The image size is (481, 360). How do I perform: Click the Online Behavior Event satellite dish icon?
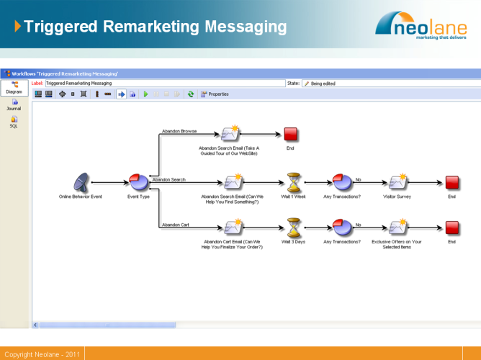pyautogui.click(x=81, y=183)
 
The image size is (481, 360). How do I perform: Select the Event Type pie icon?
pyautogui.click(x=138, y=183)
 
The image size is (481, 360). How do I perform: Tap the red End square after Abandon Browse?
pyautogui.click(x=290, y=134)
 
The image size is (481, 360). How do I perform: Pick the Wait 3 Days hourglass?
pyautogui.click(x=293, y=228)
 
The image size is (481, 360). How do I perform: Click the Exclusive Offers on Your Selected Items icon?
pyautogui.click(x=397, y=228)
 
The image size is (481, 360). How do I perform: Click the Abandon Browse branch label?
pyautogui.click(x=179, y=131)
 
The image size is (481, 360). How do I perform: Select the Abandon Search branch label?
pyautogui.click(x=168, y=179)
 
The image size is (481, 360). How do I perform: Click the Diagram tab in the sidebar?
pyautogui.click(x=14, y=88)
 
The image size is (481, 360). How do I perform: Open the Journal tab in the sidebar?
pyautogui.click(x=14, y=105)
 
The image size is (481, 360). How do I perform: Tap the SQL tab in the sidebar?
pyautogui.click(x=14, y=122)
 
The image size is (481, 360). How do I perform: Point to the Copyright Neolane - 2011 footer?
pyautogui.click(x=42, y=354)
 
